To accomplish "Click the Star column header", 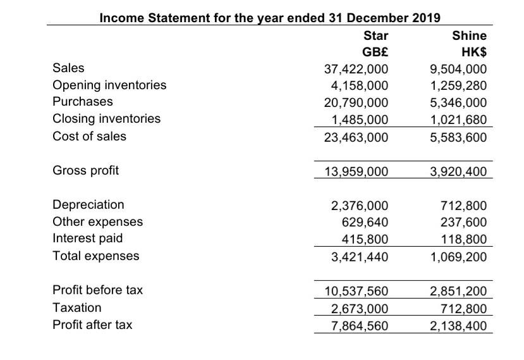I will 376,35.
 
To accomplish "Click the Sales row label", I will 68,68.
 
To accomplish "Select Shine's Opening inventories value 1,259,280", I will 458,85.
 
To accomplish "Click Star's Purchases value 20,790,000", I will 356,102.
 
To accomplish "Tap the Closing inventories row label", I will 106,119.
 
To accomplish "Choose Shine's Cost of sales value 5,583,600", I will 458,136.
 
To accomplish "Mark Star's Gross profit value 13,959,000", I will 356,171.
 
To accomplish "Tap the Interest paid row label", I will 87,239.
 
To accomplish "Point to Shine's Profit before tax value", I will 458,290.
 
